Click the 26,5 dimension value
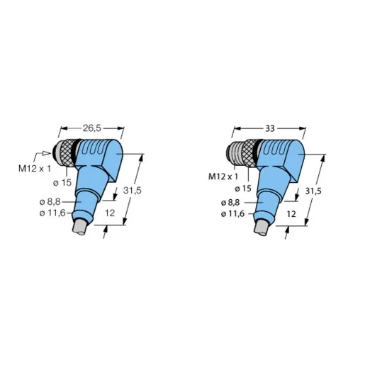click(92, 128)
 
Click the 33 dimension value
click(270, 129)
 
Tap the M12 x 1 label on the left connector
click(35, 169)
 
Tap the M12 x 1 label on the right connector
click(223, 176)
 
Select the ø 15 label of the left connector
click(62, 183)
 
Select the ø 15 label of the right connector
click(243, 189)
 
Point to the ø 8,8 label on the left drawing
click(50, 202)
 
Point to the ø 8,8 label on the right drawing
click(230, 203)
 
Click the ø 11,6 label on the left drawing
click(52, 213)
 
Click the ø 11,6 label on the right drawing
click(233, 214)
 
